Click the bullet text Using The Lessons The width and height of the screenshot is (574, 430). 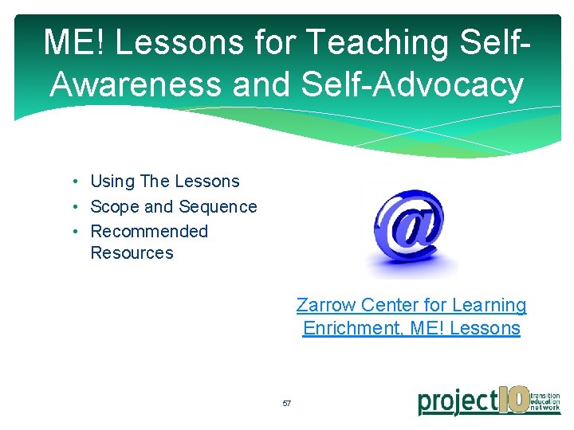[164, 182]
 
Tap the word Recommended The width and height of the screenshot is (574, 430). [149, 232]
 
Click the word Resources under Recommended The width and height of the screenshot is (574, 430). [132, 253]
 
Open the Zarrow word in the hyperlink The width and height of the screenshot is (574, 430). [326, 305]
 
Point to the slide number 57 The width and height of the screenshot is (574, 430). [287, 404]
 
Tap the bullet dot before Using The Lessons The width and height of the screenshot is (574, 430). [73, 182]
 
